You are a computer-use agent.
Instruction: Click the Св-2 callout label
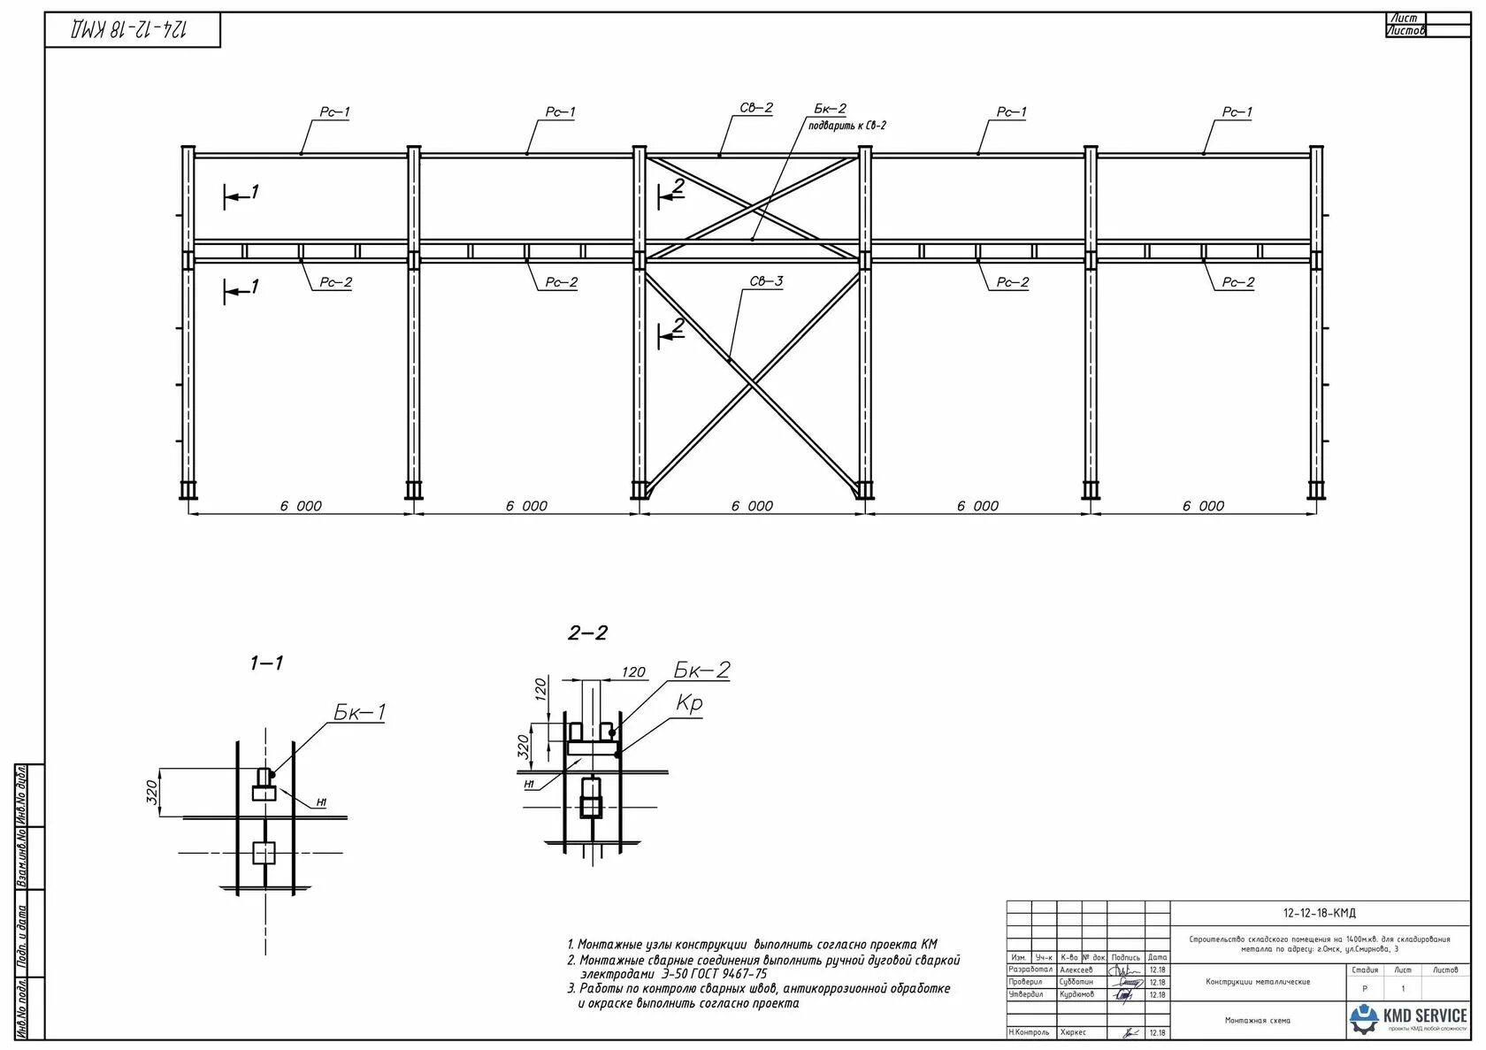(x=756, y=108)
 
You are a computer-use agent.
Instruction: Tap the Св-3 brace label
(x=766, y=281)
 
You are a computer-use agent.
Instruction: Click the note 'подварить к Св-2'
(x=846, y=126)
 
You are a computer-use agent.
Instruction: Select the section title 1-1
(x=266, y=663)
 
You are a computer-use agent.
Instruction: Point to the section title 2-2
(x=587, y=632)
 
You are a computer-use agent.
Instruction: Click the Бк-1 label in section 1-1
(x=359, y=712)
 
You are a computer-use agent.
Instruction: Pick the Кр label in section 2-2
(x=689, y=702)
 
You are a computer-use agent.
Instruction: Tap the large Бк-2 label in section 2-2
(x=702, y=670)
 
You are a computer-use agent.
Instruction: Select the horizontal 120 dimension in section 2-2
(x=633, y=672)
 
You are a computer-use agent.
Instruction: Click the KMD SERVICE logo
(x=1407, y=1018)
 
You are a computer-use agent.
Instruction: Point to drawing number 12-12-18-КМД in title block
(x=1319, y=913)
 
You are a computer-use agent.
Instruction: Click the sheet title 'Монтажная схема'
(x=1257, y=1021)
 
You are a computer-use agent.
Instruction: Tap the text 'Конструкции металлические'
(x=1258, y=982)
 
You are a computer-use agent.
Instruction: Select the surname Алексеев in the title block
(x=1076, y=970)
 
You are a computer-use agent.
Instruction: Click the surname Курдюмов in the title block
(x=1076, y=994)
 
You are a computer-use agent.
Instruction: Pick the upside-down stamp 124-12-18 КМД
(x=133, y=29)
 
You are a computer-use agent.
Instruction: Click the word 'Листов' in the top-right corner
(x=1406, y=31)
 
